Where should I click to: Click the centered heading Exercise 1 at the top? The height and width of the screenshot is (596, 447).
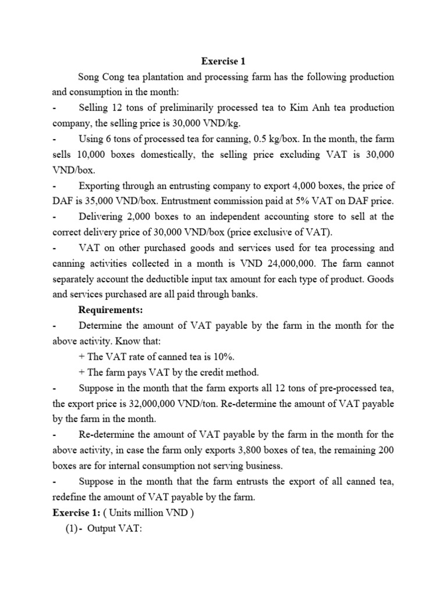223,61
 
